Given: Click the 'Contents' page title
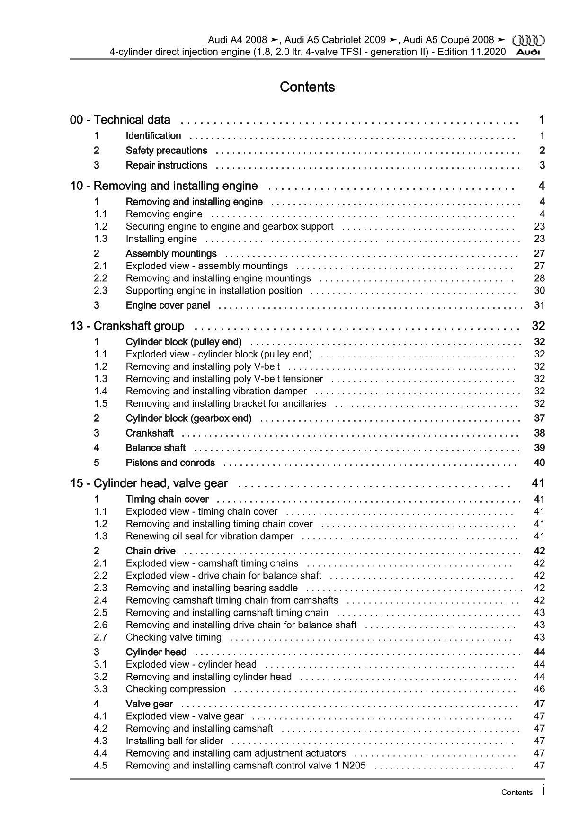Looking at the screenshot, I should (x=307, y=87).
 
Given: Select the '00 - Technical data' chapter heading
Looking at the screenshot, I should (x=120, y=120).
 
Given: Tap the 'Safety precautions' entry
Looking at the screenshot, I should (x=166, y=151).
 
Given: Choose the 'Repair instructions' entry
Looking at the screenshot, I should (x=166, y=165).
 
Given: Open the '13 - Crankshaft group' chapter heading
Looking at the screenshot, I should (x=127, y=326).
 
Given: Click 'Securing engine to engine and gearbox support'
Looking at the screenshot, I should (x=230, y=226).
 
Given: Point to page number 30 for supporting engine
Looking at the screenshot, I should (x=539, y=291).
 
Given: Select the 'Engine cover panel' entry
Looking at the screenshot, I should (x=168, y=305).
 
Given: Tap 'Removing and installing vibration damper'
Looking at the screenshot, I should (x=216, y=391).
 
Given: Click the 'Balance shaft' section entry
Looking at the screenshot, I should (x=155, y=448).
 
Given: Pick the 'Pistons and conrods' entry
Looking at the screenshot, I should (x=170, y=463).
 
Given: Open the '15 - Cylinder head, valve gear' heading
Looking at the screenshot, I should (x=149, y=483).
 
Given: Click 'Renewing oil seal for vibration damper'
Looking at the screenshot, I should (x=209, y=536).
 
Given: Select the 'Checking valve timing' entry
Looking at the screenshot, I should (x=173, y=637).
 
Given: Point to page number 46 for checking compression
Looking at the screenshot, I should (x=539, y=689).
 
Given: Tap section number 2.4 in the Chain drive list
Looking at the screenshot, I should (x=100, y=600).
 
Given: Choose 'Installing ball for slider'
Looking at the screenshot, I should (x=174, y=741).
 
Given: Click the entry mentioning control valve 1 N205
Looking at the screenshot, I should (x=246, y=765).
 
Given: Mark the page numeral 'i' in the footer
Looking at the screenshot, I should (x=543, y=790).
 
